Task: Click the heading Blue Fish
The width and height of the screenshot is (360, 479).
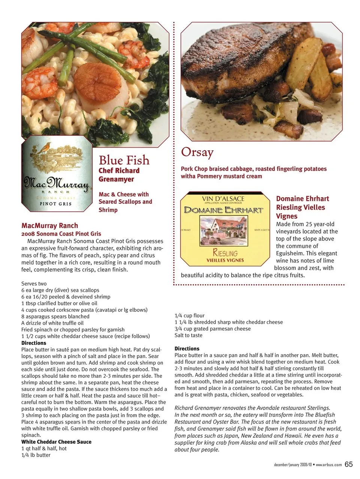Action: click(x=124, y=160)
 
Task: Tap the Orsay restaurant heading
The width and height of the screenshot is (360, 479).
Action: click(x=197, y=152)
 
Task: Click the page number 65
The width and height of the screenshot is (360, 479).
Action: click(x=349, y=464)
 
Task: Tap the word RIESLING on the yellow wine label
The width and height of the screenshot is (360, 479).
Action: click(x=225, y=253)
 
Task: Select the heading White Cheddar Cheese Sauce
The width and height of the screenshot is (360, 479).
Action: click(x=56, y=442)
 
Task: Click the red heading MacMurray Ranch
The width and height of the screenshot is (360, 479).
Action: click(x=50, y=226)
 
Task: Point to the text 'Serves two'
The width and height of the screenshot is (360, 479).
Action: click(x=34, y=284)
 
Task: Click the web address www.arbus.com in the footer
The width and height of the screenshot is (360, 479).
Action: click(x=329, y=465)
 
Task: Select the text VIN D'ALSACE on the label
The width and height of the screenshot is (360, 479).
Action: click(x=223, y=199)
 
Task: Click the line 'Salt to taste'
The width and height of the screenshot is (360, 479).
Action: click(x=188, y=335)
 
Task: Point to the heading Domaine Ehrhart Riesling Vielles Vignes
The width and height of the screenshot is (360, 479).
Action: click(x=302, y=207)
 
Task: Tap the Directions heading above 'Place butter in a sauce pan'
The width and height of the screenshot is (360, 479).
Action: click(x=187, y=349)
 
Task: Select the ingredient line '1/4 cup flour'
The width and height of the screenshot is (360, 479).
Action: click(x=189, y=316)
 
